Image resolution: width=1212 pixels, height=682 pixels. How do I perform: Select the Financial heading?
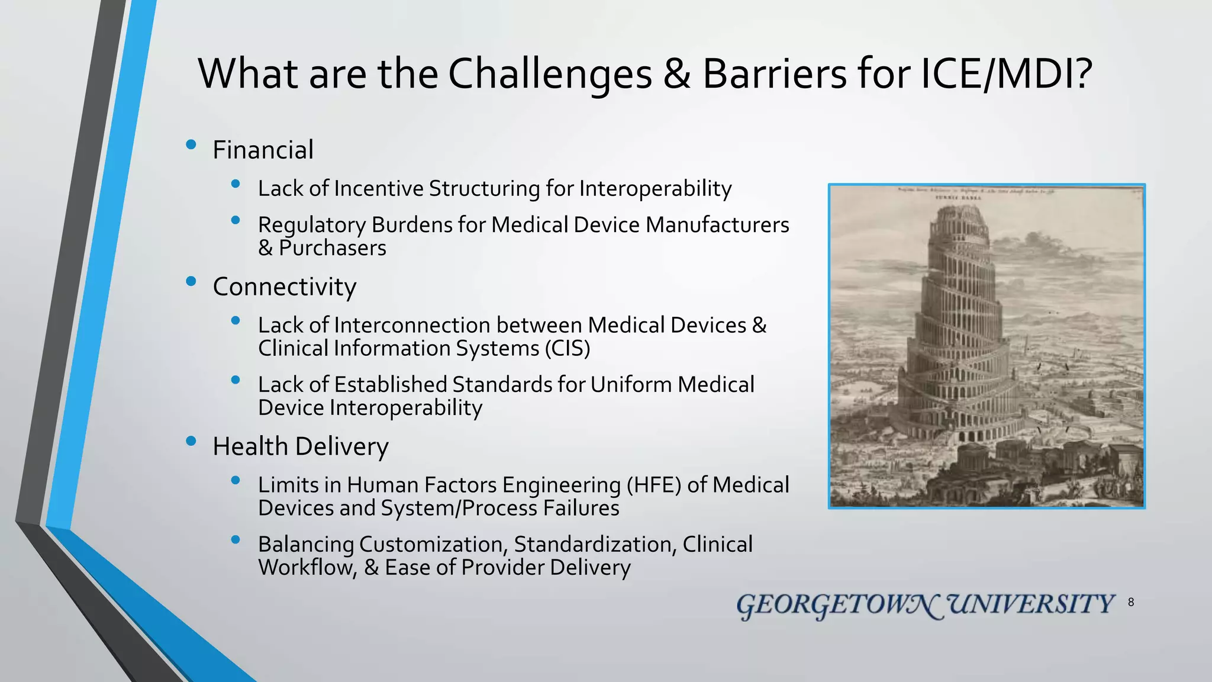[263, 150]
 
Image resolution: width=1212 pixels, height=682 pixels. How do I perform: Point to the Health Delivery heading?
[300, 446]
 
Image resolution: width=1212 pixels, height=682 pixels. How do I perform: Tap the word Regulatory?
[312, 225]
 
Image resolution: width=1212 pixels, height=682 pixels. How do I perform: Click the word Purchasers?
[332, 248]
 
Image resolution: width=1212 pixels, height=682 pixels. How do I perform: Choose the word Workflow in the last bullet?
[307, 567]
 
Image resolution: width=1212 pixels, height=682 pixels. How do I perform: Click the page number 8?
[1131, 603]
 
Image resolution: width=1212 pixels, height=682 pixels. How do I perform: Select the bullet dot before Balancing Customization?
[236, 539]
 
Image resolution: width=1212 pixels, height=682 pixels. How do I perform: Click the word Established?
[391, 385]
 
